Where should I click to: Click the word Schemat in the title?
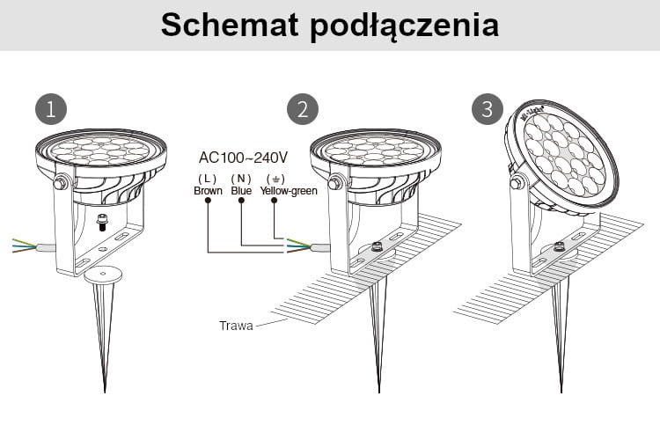pos(230,25)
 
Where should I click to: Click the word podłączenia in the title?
pos(405,26)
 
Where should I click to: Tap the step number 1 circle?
pos(51,109)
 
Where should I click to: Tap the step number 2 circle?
pos(303,109)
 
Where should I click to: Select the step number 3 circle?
pos(488,109)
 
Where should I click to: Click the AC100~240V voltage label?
pos(243,158)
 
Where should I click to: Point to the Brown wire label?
pos(208,191)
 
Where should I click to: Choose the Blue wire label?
pos(241,191)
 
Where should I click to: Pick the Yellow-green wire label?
pos(289,191)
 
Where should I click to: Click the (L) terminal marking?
pos(208,179)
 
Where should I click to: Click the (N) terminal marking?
pos(241,179)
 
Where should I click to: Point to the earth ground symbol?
pos(275,179)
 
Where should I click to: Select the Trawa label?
pos(236,326)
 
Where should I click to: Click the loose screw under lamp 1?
pos(102,222)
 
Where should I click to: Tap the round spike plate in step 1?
pos(103,276)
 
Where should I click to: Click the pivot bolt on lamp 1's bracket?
pos(60,183)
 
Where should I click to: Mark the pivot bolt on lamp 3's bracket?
pos(517,183)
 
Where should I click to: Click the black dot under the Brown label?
pos(208,201)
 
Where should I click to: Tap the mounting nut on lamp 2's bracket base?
pos(378,246)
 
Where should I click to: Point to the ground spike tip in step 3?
pos(561,392)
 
